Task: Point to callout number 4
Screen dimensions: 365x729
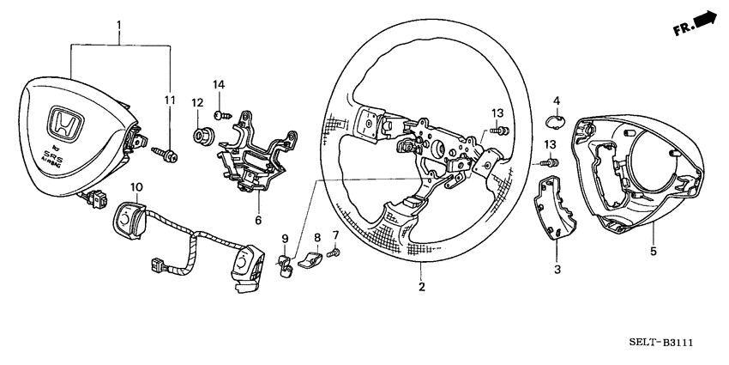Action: (x=556, y=100)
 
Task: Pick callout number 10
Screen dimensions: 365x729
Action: (x=136, y=186)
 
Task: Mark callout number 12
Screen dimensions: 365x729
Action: (x=196, y=103)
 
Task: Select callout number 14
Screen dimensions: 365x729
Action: (x=218, y=84)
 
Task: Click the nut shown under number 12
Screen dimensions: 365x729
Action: (x=204, y=136)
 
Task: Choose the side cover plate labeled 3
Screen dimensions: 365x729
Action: (x=552, y=207)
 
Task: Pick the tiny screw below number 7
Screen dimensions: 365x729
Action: (x=336, y=252)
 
